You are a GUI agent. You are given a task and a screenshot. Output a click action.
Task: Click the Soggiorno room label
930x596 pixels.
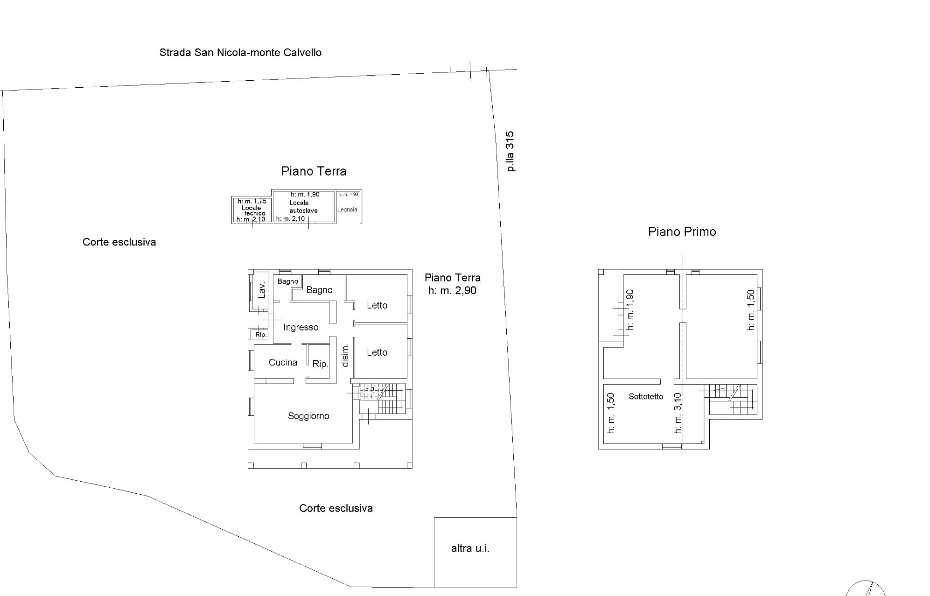click(308, 416)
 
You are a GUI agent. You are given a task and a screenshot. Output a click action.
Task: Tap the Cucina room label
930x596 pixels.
click(283, 362)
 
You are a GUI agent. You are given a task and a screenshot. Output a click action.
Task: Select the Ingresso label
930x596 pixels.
click(301, 327)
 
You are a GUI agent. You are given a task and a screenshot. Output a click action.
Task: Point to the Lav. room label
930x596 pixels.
click(262, 290)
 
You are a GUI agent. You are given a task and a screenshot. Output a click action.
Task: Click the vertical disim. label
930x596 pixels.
click(345, 355)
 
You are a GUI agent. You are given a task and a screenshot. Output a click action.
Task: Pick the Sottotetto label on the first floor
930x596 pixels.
click(646, 397)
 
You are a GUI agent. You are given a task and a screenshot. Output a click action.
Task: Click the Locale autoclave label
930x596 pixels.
click(303, 207)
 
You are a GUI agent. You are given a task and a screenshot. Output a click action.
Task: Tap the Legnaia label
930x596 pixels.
click(347, 210)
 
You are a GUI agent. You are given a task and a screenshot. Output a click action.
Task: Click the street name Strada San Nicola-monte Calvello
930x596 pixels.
click(240, 52)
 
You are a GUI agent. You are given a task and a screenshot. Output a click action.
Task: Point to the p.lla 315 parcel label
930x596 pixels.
click(510, 151)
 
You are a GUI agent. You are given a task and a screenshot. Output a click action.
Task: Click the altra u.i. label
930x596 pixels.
click(470, 548)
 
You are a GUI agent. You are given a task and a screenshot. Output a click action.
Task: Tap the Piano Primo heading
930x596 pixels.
click(682, 231)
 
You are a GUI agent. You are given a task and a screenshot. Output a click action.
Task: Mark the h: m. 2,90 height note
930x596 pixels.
click(452, 290)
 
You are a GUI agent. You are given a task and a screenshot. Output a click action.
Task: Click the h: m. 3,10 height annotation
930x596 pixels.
click(678, 413)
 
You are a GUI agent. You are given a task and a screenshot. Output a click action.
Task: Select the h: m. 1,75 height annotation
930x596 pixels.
click(252, 201)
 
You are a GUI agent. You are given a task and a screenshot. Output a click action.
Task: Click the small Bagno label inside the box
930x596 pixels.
click(287, 281)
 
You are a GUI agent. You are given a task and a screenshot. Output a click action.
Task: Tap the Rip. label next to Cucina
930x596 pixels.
click(320, 364)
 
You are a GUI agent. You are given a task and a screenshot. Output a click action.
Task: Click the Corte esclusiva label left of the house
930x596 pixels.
click(119, 242)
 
